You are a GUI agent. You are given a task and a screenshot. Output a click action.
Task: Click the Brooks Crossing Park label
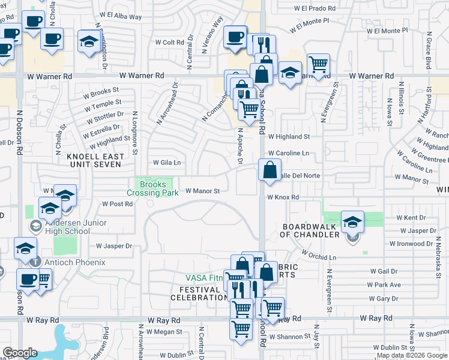(152, 188)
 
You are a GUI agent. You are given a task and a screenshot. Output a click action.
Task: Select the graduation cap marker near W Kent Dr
(353, 221)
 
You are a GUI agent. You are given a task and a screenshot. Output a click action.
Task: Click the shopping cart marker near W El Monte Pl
(318, 64)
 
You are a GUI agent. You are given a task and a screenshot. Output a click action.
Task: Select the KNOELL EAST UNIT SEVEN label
(96, 161)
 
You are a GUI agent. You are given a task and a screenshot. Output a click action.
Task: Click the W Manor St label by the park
(203, 191)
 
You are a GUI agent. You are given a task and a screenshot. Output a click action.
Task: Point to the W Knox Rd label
(283, 197)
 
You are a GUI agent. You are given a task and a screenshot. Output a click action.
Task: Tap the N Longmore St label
(136, 133)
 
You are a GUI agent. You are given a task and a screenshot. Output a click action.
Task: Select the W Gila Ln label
(167, 163)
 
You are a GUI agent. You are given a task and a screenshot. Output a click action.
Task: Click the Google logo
(20, 353)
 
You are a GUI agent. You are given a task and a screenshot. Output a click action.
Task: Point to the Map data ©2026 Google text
(412, 356)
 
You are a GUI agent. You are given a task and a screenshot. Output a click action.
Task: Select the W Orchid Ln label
(319, 257)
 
